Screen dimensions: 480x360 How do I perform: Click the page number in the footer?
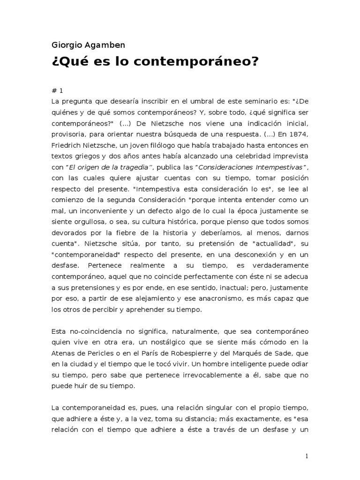(x=307, y=456)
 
